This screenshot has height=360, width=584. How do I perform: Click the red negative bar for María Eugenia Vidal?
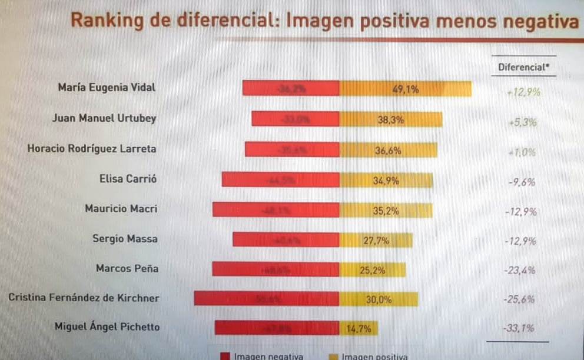click(291, 89)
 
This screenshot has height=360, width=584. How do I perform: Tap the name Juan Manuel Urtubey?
click(104, 118)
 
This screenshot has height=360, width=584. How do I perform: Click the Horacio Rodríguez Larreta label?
click(92, 149)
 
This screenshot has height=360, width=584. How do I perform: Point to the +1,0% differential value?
click(522, 152)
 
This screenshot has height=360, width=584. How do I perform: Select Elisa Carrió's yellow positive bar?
click(386, 181)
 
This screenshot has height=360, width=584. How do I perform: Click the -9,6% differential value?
click(521, 182)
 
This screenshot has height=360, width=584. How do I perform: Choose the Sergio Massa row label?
click(125, 238)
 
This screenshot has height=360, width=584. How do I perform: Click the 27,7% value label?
click(376, 240)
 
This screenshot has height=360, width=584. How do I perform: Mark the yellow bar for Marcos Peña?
click(372, 270)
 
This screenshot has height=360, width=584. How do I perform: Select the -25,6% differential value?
click(519, 299)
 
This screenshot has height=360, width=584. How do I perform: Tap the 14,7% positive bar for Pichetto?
click(358, 328)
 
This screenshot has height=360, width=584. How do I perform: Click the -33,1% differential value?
click(519, 328)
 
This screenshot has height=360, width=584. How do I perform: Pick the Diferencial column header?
click(523, 67)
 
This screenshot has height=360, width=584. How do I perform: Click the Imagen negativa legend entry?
click(263, 356)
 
